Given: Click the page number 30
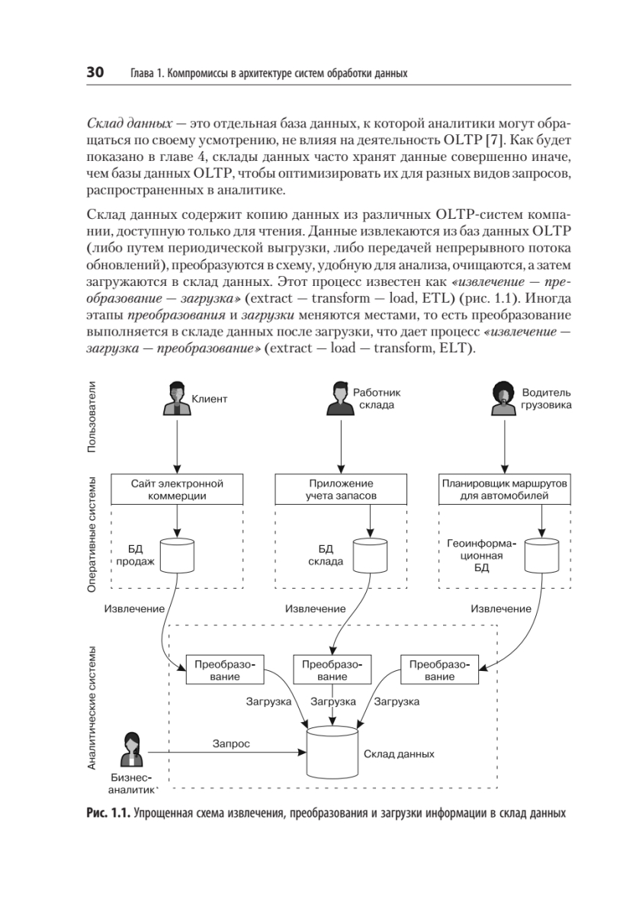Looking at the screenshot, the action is (95, 72).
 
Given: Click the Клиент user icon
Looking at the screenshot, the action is (177, 399).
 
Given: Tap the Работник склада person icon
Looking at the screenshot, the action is (340, 399).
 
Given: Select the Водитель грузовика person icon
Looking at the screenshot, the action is (504, 399).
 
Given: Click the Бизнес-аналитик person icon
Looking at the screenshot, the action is (133, 750).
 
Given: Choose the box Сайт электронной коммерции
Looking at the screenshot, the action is (177, 490).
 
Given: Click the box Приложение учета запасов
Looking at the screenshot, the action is (341, 490).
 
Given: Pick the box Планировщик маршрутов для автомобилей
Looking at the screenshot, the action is (505, 490).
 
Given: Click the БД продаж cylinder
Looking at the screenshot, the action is (177, 556).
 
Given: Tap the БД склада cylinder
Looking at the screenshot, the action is (370, 556).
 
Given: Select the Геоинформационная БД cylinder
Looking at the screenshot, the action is (541, 556).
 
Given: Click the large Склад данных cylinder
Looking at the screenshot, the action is (332, 753).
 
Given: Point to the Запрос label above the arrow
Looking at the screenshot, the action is (231, 744).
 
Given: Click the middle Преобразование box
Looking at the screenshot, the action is (332, 670).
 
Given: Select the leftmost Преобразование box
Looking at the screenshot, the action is (225, 670).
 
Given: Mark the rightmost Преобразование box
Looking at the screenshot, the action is (439, 670).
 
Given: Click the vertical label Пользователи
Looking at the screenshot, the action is (92, 417).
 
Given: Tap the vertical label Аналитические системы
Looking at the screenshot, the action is (92, 708).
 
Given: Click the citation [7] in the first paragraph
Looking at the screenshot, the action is (495, 140).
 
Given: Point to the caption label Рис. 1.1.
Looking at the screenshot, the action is (108, 814).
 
